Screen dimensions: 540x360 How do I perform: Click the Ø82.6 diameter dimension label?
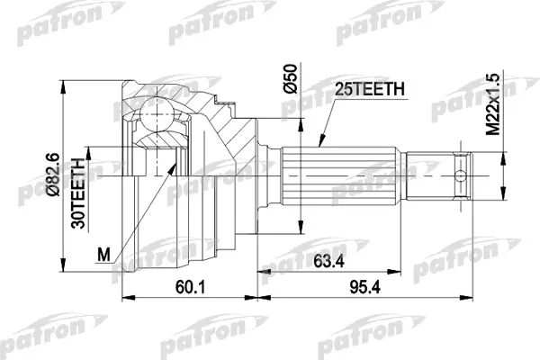click(x=54, y=175)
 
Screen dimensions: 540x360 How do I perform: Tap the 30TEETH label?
click(x=78, y=193)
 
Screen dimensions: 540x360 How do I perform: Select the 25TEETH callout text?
click(x=370, y=89)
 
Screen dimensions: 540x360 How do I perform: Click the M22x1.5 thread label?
click(x=492, y=104)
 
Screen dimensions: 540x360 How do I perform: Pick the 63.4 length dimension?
click(x=328, y=262)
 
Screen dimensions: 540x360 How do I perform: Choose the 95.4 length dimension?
click(x=365, y=287)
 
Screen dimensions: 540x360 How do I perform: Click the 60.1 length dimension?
click(x=190, y=287)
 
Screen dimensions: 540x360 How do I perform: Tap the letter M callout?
click(x=103, y=255)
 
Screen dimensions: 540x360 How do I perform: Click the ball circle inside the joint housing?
click(x=157, y=114)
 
